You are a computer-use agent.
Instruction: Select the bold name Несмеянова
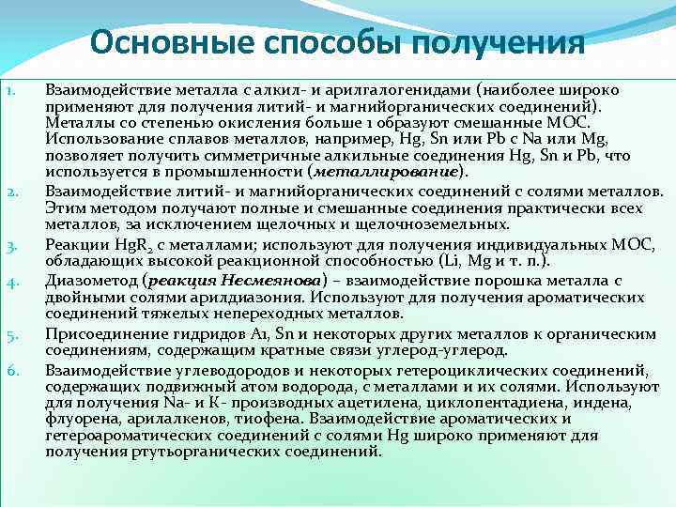[x=272, y=281]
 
